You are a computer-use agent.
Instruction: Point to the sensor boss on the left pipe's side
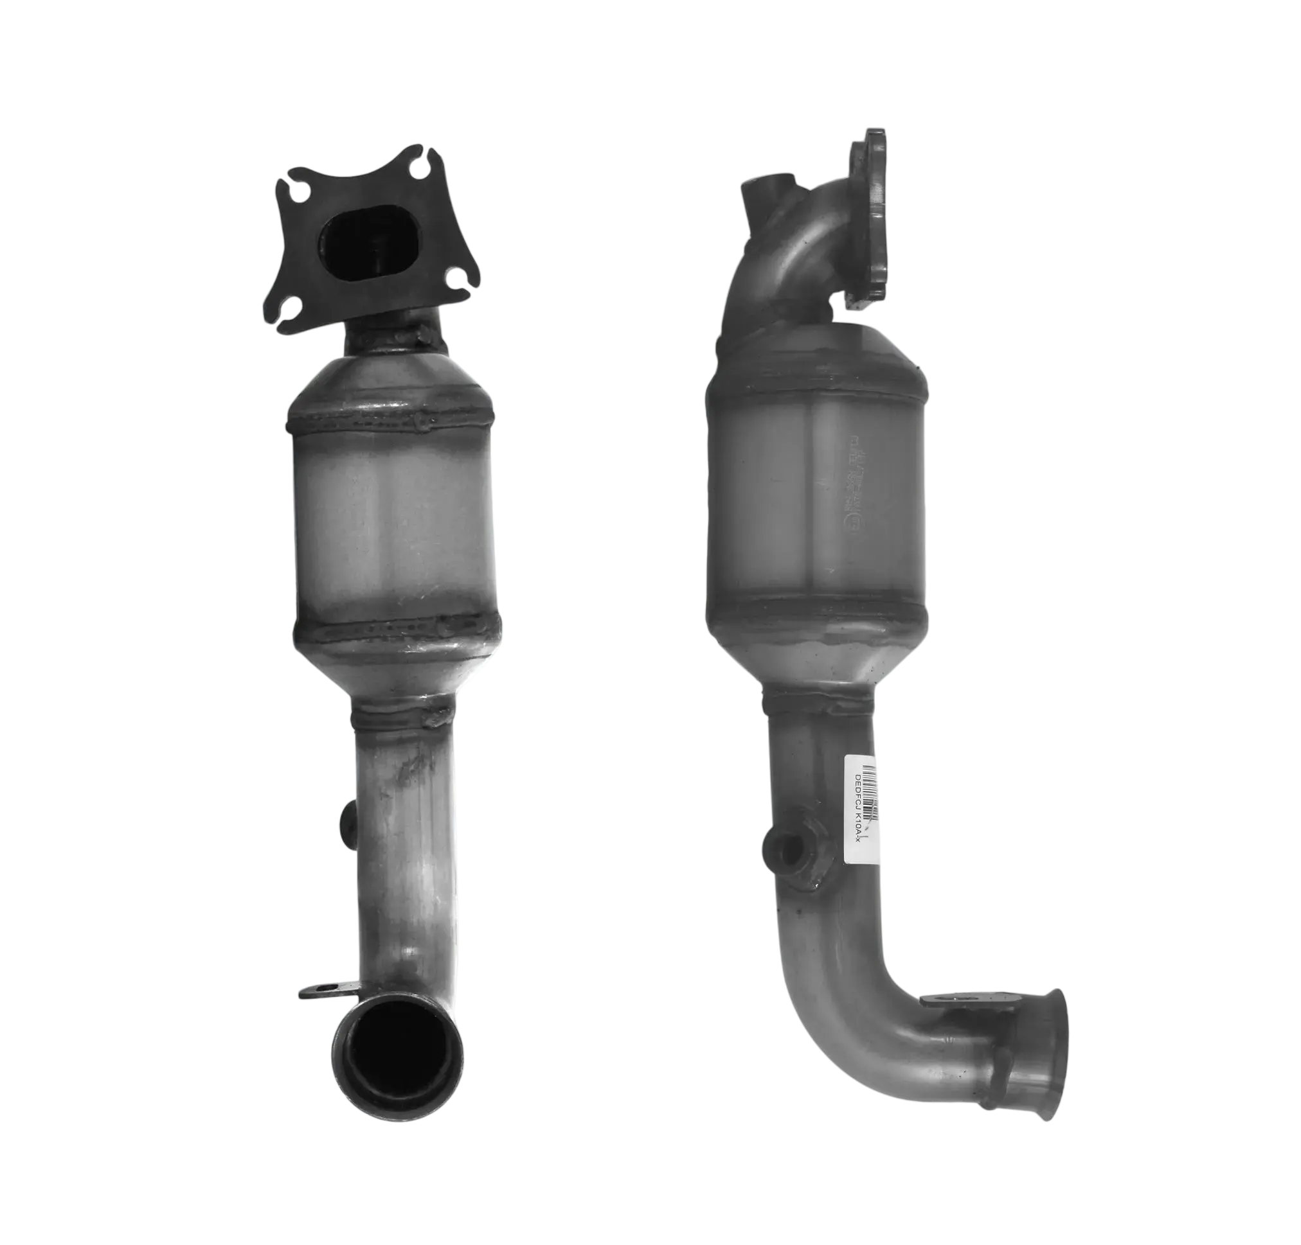346,820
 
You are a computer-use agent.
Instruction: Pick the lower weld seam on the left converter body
395,627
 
